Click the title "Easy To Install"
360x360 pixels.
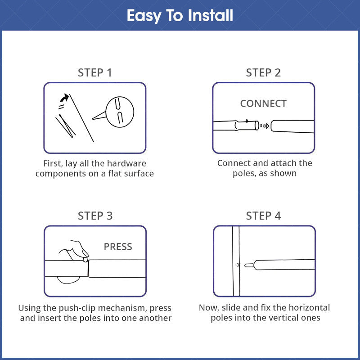(x=180, y=16)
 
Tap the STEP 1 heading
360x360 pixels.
(x=95, y=73)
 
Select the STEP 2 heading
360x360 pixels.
(x=263, y=73)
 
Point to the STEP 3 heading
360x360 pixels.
(x=95, y=216)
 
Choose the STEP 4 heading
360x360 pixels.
(x=263, y=216)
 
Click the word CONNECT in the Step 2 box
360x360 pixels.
(x=263, y=103)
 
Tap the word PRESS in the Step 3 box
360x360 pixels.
(x=118, y=247)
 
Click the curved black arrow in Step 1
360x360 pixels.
(x=64, y=98)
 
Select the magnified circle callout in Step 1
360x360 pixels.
(x=120, y=112)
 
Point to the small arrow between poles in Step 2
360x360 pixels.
(x=265, y=126)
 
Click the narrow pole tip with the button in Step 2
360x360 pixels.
(x=247, y=125)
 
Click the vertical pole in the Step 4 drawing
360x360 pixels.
(x=236, y=261)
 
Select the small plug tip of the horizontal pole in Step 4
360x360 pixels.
(x=249, y=265)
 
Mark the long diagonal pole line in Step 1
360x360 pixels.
(x=81, y=118)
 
